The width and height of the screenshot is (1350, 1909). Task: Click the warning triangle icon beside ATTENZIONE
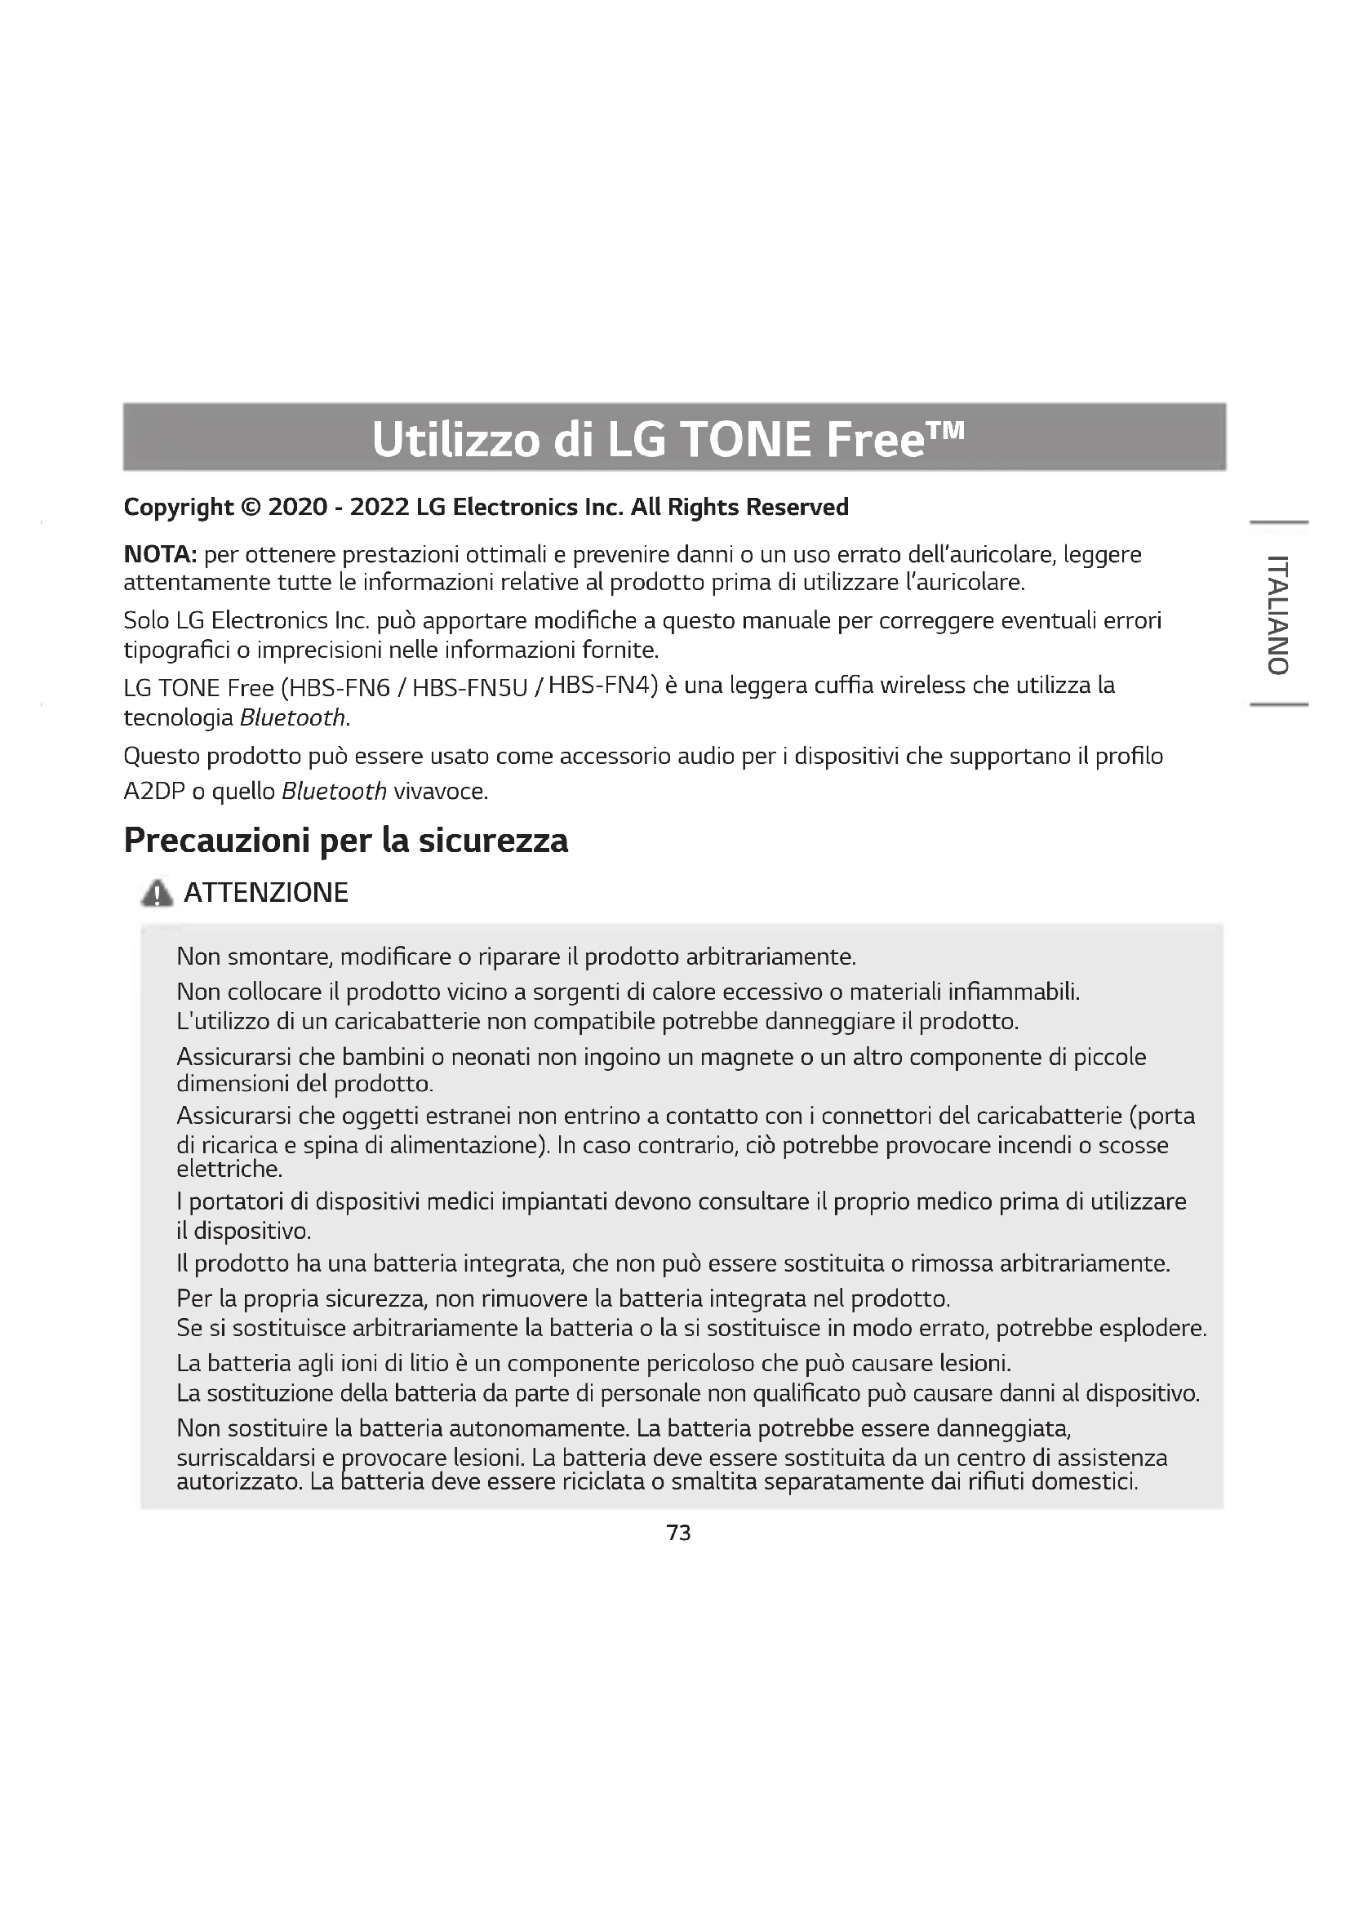click(x=156, y=893)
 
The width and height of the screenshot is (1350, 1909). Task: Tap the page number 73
click(x=678, y=1533)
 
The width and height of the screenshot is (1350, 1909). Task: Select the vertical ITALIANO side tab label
click(x=1278, y=614)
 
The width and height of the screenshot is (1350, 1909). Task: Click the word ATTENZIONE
click(x=265, y=893)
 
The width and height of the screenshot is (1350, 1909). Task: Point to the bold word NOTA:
click(x=160, y=553)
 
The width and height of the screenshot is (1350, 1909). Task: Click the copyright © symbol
click(x=250, y=507)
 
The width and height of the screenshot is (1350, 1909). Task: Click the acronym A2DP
click(x=153, y=792)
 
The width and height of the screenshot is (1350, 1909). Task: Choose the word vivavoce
click(x=440, y=792)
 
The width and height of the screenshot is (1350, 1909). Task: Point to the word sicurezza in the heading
click(x=493, y=841)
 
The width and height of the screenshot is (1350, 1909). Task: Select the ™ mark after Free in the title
click(x=946, y=430)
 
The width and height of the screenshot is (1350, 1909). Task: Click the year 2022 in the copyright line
click(x=379, y=507)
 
